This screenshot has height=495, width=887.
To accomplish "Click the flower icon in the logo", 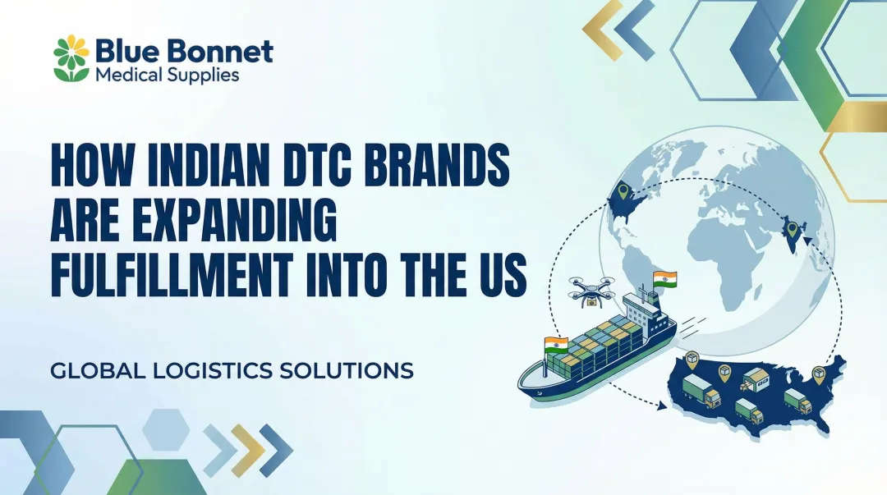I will (x=71, y=58).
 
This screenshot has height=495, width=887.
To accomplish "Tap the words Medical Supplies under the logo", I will (x=168, y=75).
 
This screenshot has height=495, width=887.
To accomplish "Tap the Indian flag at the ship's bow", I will (x=556, y=345).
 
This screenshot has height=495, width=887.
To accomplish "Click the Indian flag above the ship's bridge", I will (x=664, y=280).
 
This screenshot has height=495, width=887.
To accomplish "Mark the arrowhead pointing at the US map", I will (x=661, y=406).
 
